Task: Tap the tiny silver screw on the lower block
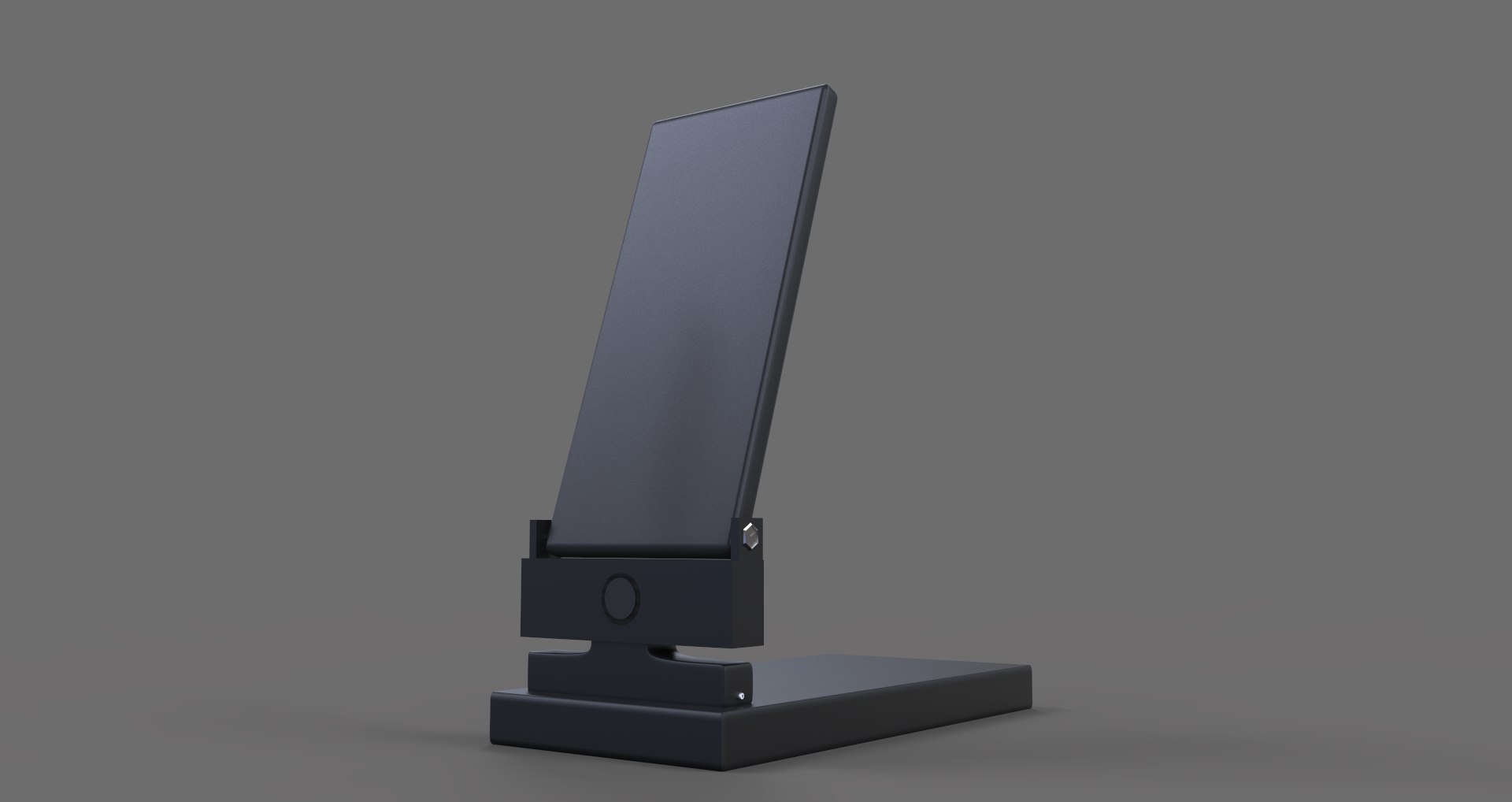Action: (x=740, y=695)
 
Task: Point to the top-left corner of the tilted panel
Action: (x=656, y=122)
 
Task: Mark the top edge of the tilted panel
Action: (x=744, y=102)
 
